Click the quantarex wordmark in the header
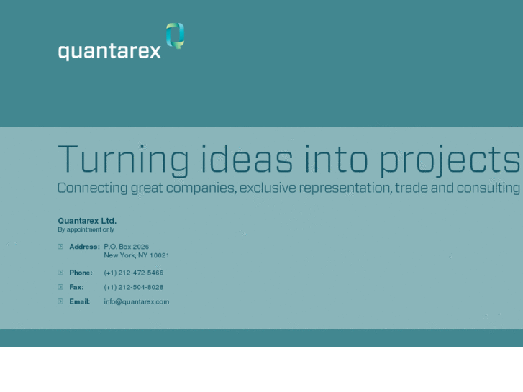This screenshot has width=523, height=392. [x=109, y=52]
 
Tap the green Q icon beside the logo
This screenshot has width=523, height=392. [x=175, y=35]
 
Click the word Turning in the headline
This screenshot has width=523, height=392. [x=123, y=160]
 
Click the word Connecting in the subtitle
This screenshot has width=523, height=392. [x=92, y=188]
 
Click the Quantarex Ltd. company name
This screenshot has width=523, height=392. [x=87, y=221]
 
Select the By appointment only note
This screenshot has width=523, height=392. [x=86, y=230]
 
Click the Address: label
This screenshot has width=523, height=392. [x=84, y=247]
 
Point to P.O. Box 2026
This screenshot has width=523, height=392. [x=127, y=247]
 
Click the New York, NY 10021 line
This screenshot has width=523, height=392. [x=137, y=255]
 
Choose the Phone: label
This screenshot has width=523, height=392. [x=81, y=273]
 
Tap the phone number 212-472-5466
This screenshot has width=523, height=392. [x=134, y=273]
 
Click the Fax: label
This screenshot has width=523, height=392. [x=76, y=287]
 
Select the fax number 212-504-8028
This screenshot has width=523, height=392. [x=134, y=287]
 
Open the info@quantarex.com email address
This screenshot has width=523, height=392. [x=137, y=301]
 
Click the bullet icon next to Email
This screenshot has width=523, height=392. [x=60, y=301]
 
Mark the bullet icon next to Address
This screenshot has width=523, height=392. [x=60, y=247]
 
